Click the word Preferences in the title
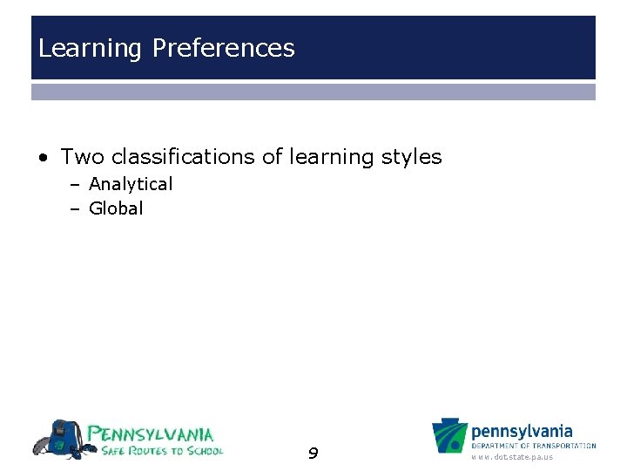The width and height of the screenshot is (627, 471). [223, 49]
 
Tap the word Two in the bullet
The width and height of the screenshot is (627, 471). [83, 157]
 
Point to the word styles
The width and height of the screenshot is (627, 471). [412, 157]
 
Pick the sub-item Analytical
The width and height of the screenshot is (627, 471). [131, 184]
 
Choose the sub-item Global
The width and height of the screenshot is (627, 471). [116, 208]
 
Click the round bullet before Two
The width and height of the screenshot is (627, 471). [43, 158]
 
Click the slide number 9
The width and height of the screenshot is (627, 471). [313, 453]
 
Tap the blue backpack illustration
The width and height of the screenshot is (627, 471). [59, 438]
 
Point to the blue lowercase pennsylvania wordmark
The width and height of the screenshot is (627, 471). [522, 431]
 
